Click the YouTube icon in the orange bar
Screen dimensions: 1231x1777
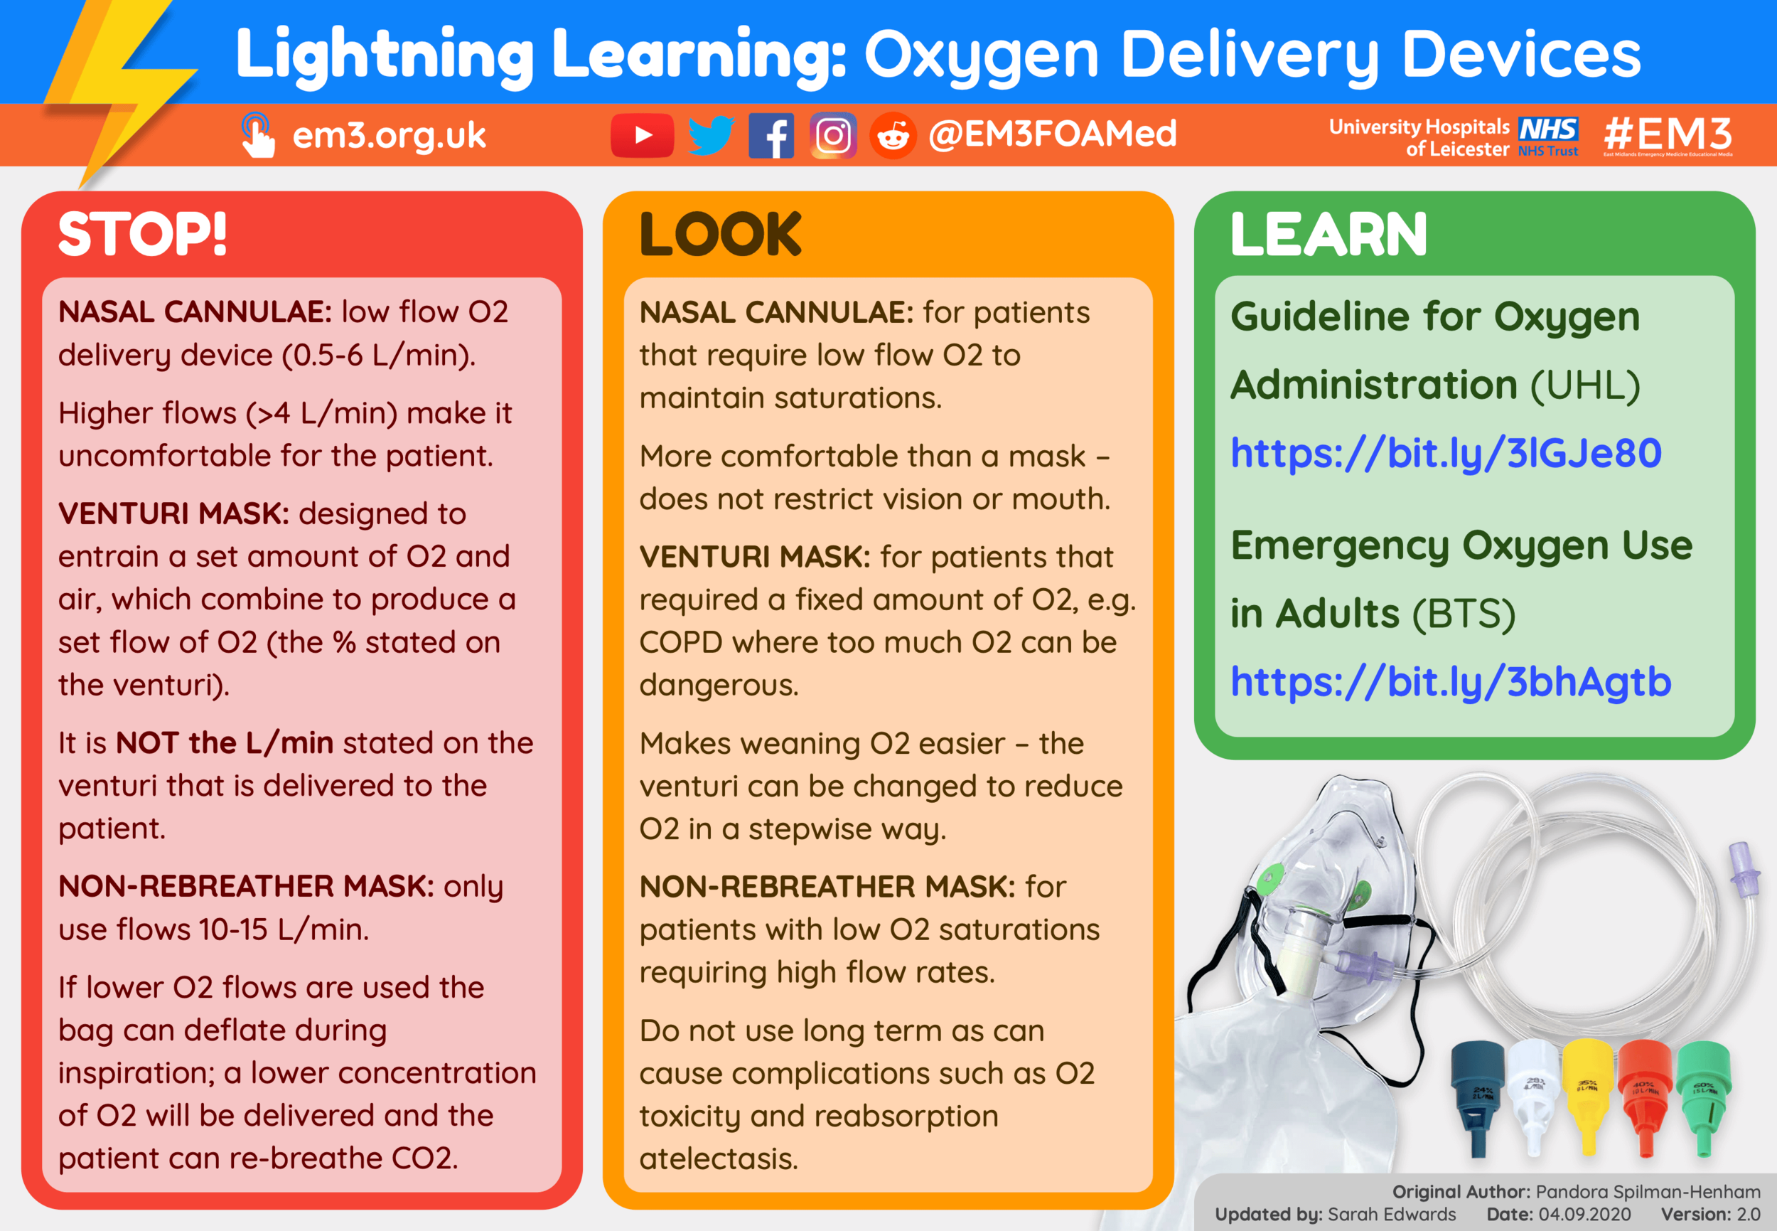coord(641,136)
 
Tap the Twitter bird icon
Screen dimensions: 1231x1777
coord(710,136)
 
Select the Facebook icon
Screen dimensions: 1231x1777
coord(771,137)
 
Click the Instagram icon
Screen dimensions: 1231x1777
coord(832,136)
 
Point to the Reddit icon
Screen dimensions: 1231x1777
coord(893,137)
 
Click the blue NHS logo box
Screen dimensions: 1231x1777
coord(1548,129)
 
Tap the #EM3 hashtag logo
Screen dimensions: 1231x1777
coord(1668,135)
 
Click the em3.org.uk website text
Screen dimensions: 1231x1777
coord(389,136)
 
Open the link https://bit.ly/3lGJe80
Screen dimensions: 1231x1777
coord(1446,453)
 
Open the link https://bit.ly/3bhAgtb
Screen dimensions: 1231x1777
coord(1450,682)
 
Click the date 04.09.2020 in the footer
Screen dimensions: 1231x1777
coord(1584,1214)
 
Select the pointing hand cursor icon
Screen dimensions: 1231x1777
coord(257,136)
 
